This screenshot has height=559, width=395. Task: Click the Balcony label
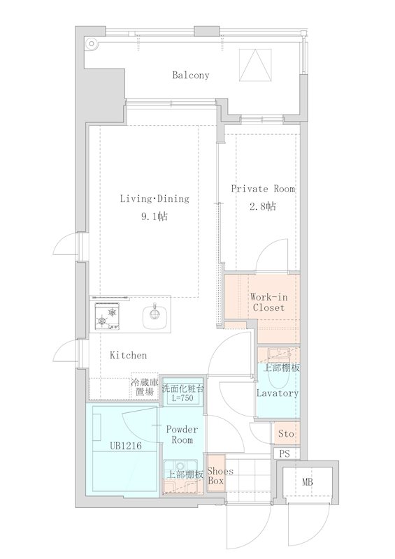pyautogui.click(x=191, y=75)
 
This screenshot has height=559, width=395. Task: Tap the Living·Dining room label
pyautogui.click(x=155, y=198)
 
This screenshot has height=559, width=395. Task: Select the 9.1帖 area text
pyautogui.click(x=154, y=217)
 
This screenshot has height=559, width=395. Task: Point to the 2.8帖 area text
pyautogui.click(x=263, y=206)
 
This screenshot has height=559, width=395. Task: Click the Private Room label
pyautogui.click(x=263, y=189)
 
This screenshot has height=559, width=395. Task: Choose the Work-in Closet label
pyautogui.click(x=268, y=303)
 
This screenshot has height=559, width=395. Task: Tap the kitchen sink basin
pyautogui.click(x=155, y=314)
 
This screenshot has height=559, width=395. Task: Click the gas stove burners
pyautogui.click(x=107, y=316)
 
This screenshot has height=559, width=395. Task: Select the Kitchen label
pyautogui.click(x=129, y=355)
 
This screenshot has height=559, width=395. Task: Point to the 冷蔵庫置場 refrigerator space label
pyautogui.click(x=145, y=387)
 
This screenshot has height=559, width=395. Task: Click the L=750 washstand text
pyautogui.click(x=182, y=398)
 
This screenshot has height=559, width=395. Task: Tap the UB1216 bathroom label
pyautogui.click(x=126, y=446)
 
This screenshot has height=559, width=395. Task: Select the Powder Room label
pyautogui.click(x=182, y=435)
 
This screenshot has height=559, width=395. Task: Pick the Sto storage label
pyautogui.click(x=286, y=434)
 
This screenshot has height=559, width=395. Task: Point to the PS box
pyautogui.click(x=285, y=453)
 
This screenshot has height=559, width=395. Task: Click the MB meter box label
pyautogui.click(x=308, y=482)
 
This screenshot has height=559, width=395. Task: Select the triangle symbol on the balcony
pyautogui.click(x=255, y=65)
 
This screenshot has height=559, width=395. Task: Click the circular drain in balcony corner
pyautogui.click(x=92, y=44)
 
